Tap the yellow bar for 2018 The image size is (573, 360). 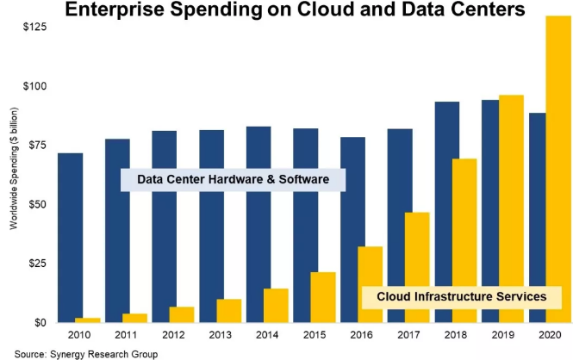click(464, 240)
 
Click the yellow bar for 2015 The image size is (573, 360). click(323, 297)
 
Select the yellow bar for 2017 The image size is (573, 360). click(417, 267)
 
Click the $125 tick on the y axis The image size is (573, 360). click(35, 28)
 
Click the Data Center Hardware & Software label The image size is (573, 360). click(232, 179)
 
